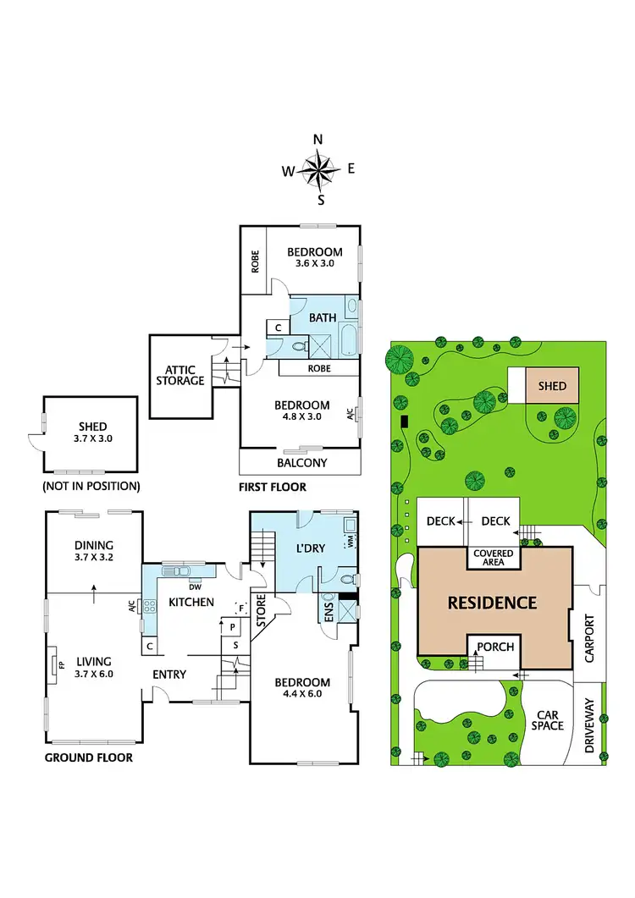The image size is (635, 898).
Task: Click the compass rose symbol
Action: coord(319,170)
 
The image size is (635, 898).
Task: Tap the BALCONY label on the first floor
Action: coord(302,462)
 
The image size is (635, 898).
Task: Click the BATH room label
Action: coord(323,317)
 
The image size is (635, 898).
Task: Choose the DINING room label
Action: coord(93,545)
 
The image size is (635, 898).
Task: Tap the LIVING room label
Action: coord(94,662)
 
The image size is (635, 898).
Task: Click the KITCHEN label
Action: coord(191,602)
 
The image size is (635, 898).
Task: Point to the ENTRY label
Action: coord(169,674)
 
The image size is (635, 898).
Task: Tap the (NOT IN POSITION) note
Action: coord(91,486)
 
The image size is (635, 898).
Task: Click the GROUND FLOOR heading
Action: coord(88,758)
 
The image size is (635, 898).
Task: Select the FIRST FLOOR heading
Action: coord(273,487)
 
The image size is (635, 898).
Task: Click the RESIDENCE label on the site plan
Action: coord(492,603)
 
